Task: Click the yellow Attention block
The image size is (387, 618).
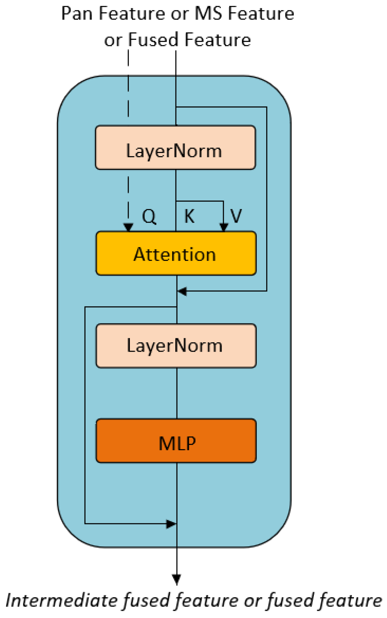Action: click(176, 253)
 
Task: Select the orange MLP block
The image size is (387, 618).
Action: click(176, 441)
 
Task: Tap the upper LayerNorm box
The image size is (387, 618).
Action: click(175, 148)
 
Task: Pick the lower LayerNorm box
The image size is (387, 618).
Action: click(176, 346)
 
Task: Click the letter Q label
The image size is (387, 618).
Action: click(149, 216)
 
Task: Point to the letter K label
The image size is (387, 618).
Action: click(189, 216)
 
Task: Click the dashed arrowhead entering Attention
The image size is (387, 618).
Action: click(129, 227)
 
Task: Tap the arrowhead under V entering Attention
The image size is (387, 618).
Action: click(223, 227)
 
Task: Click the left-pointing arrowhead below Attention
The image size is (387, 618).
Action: click(182, 291)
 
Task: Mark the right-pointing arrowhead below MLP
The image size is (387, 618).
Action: click(171, 524)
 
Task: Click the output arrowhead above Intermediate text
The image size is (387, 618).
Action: click(176, 579)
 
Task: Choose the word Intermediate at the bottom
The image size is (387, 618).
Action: click(61, 601)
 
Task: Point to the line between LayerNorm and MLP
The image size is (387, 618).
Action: click(177, 393)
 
